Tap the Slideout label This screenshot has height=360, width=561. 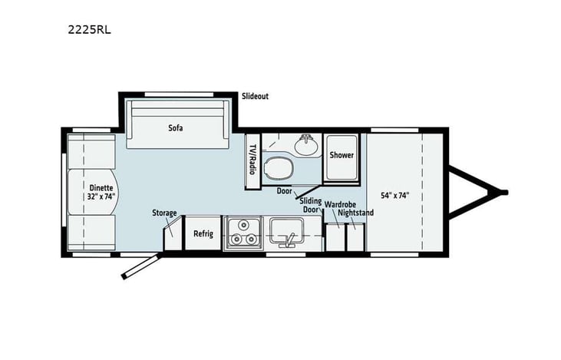[x=255, y=97]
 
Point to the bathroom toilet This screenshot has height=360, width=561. [x=276, y=166]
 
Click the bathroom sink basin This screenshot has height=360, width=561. [x=307, y=144]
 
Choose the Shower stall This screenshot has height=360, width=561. [x=342, y=156]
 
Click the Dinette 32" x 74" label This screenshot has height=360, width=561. [x=101, y=191]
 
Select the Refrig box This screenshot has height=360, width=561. [x=203, y=233]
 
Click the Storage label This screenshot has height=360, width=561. [x=164, y=213]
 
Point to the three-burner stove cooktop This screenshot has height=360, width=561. [x=243, y=233]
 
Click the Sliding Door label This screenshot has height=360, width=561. [x=310, y=205]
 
